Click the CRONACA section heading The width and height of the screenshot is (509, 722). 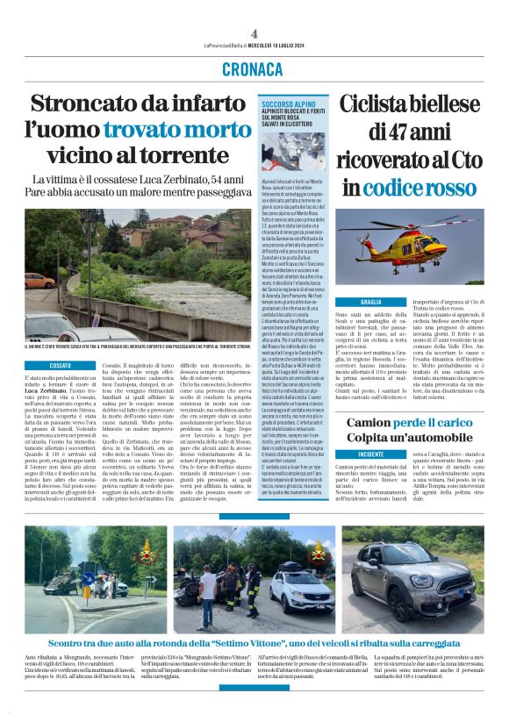254,69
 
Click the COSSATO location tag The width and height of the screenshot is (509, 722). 60,363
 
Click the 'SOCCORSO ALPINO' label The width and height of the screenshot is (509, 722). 287,104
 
